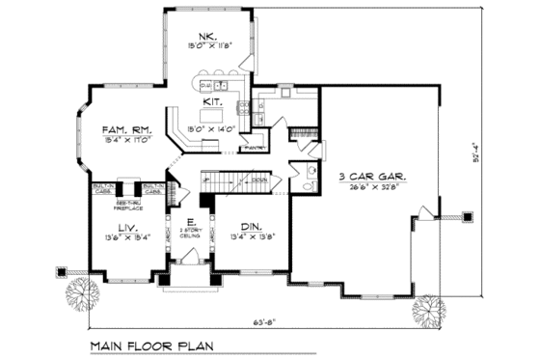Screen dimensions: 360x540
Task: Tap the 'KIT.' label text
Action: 213,99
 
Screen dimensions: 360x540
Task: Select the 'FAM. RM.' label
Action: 126,127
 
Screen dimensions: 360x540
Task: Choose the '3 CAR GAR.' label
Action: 371,178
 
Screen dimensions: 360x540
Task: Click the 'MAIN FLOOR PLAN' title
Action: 154,345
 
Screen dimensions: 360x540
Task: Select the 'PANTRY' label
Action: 255,149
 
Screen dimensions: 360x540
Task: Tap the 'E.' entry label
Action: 189,221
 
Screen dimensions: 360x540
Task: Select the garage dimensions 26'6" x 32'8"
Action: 370,188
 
